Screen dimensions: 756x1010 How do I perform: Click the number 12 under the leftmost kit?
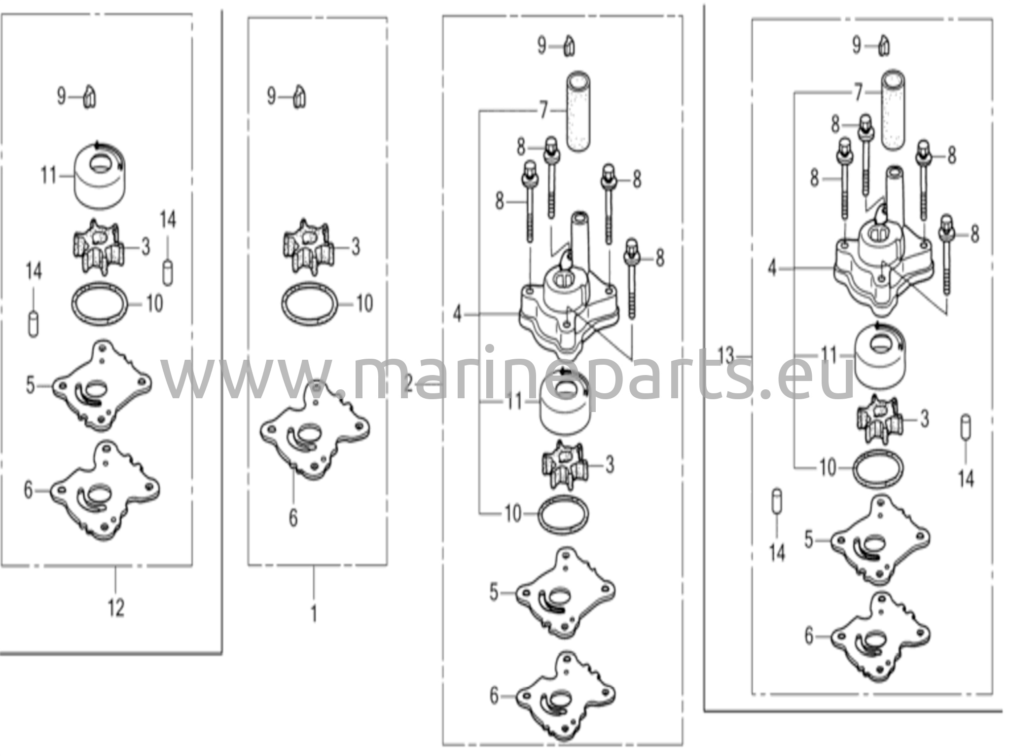coord(116,607)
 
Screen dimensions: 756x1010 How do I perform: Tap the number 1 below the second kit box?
coord(314,613)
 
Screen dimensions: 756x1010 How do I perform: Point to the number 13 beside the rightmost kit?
coord(726,355)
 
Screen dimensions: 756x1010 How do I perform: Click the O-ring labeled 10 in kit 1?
coord(310,303)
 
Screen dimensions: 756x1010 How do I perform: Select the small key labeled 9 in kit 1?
coord(299,96)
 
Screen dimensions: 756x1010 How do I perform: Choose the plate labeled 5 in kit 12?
coord(102,385)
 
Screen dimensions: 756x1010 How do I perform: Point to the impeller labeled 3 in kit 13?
coord(879,419)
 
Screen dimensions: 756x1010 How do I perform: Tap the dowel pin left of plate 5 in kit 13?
coord(777,502)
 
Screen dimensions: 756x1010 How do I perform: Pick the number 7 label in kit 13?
coord(859,92)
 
